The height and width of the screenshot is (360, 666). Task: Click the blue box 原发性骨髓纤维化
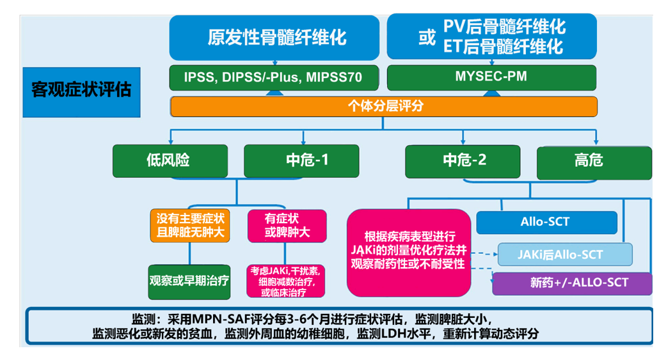point(276,37)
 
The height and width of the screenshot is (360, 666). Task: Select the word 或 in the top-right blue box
point(427,38)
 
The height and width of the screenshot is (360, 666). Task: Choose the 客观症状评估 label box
point(81,90)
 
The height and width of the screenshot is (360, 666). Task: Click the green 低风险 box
point(170,160)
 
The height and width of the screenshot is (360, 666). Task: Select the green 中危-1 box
point(301,160)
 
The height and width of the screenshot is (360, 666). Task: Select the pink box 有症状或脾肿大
point(287,225)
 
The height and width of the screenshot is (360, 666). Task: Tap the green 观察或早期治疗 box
point(189,281)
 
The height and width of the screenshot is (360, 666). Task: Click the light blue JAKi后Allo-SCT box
point(564,254)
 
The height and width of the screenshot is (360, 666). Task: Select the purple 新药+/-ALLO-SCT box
point(571,283)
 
